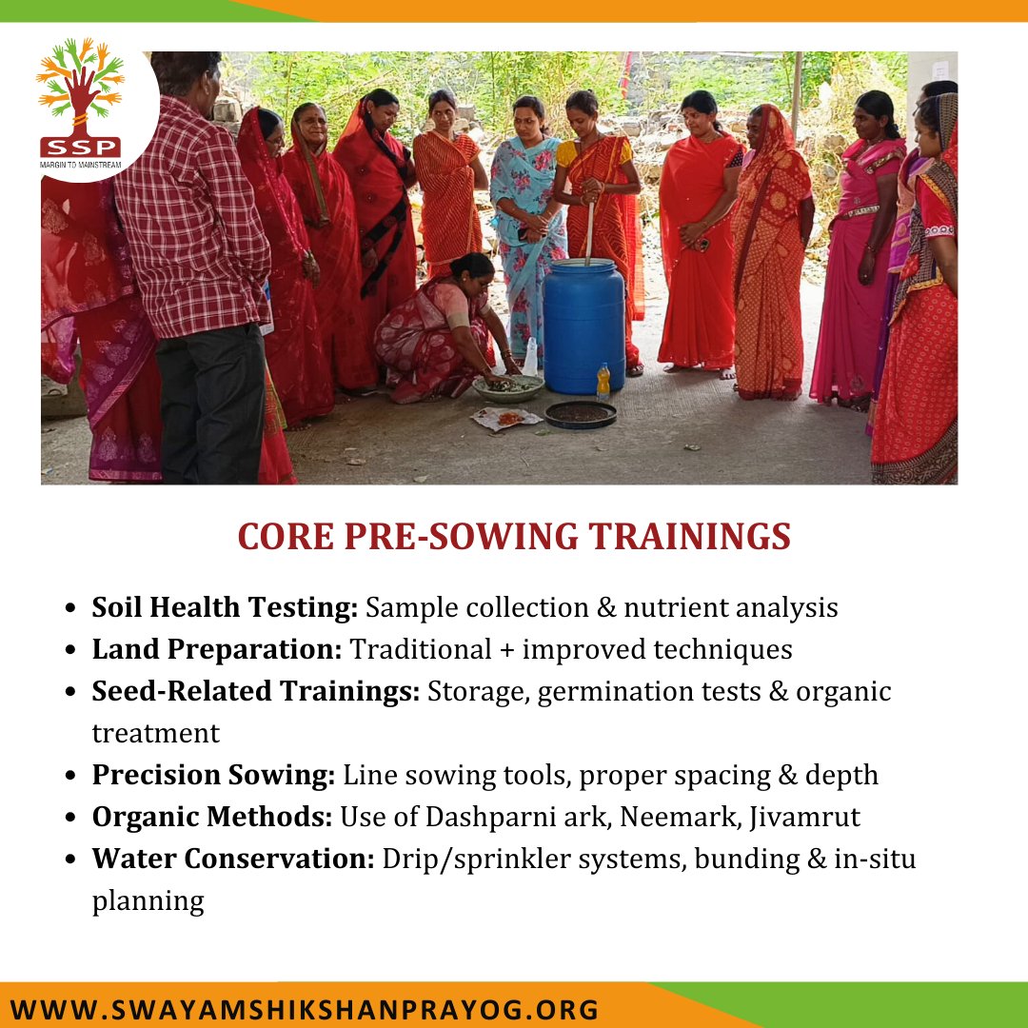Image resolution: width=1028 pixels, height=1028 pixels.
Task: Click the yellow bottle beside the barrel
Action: (603, 382)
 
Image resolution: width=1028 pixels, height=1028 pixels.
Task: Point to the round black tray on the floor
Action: (581, 413)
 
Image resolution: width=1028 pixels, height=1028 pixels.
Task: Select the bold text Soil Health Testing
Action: (225, 607)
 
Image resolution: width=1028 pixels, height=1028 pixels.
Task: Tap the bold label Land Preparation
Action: (217, 649)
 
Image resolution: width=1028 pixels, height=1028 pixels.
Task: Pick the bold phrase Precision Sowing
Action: (213, 775)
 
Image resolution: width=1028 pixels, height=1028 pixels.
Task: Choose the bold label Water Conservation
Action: (233, 859)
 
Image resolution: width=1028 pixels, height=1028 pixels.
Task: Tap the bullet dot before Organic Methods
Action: (71, 818)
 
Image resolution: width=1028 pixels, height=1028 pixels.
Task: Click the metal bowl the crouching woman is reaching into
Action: (508, 386)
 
